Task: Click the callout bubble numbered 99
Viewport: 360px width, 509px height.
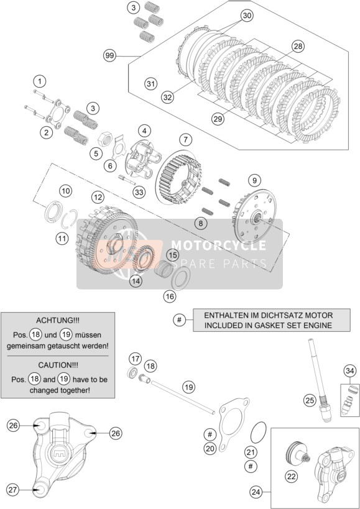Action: click(110, 56)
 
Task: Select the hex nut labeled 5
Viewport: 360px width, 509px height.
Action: click(105, 139)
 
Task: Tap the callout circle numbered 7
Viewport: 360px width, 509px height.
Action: click(185, 140)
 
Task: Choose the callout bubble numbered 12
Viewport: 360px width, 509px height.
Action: click(98, 197)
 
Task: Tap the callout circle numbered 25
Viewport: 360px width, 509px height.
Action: click(310, 400)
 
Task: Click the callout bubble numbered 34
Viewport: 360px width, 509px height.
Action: click(350, 370)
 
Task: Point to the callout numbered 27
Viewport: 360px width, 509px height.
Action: click(12, 490)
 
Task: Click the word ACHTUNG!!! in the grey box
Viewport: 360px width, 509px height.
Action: click(57, 321)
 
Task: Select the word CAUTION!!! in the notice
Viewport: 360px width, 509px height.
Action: click(58, 365)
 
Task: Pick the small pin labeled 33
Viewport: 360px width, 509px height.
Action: click(127, 180)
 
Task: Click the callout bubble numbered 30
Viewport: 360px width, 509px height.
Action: click(247, 16)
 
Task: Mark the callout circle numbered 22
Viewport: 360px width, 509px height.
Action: click(291, 477)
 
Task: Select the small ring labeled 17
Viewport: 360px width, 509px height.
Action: click(132, 372)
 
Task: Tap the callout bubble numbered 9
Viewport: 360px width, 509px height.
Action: click(254, 180)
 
